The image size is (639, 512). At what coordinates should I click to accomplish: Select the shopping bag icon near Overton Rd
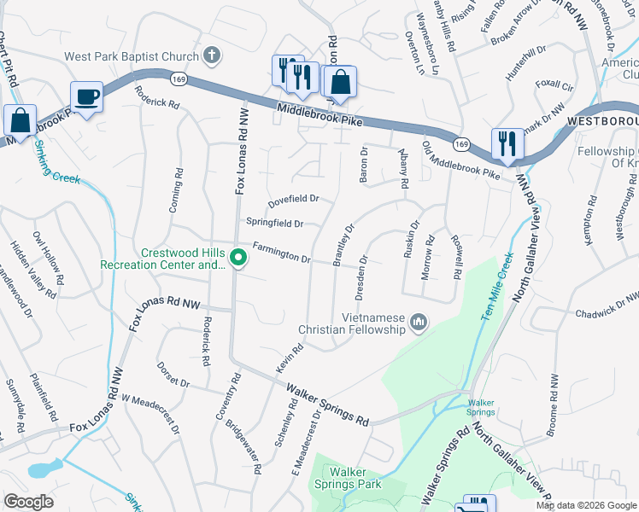pos(339,83)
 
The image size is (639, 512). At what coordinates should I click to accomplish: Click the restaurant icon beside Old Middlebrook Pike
pos(507,143)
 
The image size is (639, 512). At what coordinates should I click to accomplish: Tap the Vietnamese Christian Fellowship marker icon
pos(418,322)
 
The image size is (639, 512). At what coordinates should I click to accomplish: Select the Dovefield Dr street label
pos(293,199)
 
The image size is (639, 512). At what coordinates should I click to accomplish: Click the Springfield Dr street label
pos(275,224)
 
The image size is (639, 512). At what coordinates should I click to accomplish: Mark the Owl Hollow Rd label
pos(48,257)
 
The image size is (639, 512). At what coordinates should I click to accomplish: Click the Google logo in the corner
pos(28,502)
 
